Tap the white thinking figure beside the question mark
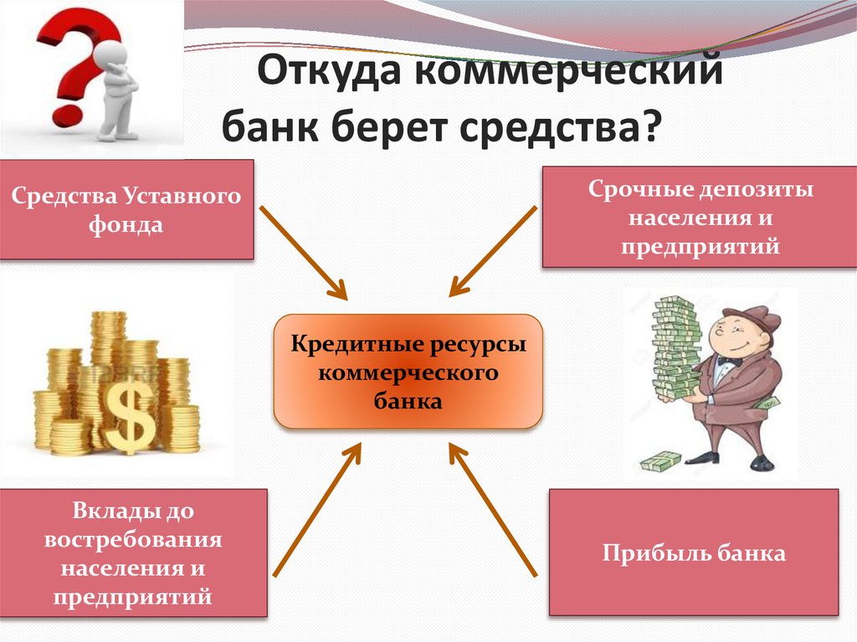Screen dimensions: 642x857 pyautogui.click(x=113, y=88)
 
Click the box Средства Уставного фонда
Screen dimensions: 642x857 pyautogui.click(x=126, y=209)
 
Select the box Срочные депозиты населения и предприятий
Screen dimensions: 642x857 pyautogui.click(x=700, y=217)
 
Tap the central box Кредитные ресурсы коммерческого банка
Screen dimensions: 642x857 pyautogui.click(x=408, y=372)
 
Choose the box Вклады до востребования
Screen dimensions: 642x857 pyautogui.click(x=134, y=552)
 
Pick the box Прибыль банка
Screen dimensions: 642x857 pyautogui.click(x=693, y=552)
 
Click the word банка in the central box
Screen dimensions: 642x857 pyautogui.click(x=408, y=401)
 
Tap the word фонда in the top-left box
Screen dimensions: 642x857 pyautogui.click(x=126, y=223)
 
